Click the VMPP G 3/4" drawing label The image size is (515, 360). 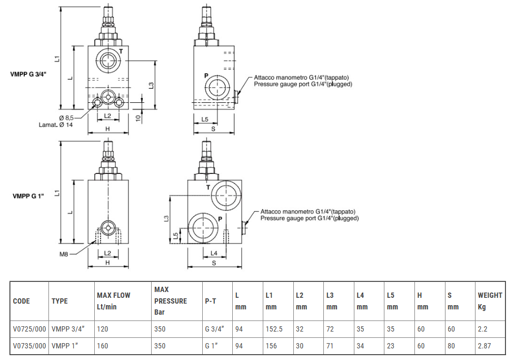point(28,74)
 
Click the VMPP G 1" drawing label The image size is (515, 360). point(28,196)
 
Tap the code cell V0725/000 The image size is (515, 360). point(28,329)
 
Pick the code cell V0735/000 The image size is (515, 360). point(28,346)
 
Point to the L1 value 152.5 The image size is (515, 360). point(274,329)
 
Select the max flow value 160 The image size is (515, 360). point(102,346)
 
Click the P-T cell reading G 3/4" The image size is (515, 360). point(214,329)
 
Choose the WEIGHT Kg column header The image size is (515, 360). point(490,301)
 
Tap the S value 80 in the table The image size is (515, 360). point(451,346)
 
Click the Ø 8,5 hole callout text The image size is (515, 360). point(66,117)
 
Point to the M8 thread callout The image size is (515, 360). point(64,254)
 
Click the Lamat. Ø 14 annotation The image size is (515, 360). point(55,125)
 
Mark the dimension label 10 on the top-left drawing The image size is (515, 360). point(137,118)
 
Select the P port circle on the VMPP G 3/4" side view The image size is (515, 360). point(216,86)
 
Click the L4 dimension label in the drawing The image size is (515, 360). point(214,253)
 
